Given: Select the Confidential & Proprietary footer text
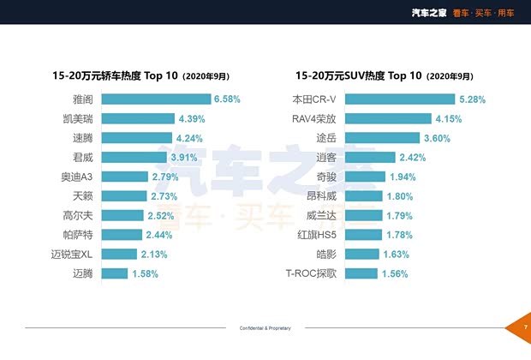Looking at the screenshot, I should (x=265, y=328).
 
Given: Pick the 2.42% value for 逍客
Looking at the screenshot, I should (x=415, y=157).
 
